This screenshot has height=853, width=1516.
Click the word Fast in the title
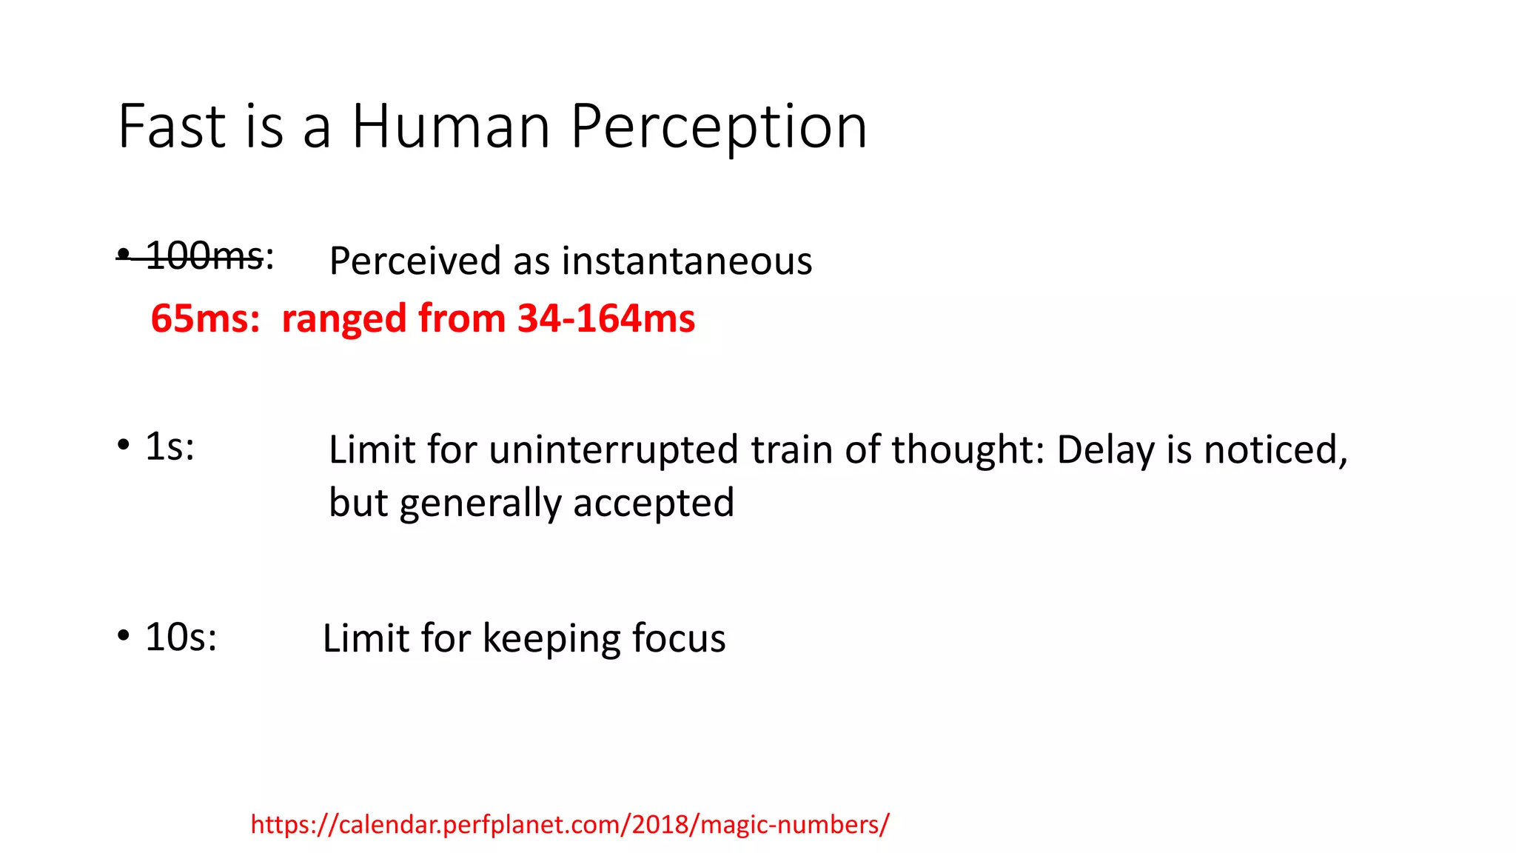[x=171, y=127]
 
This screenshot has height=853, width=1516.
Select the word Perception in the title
[x=718, y=127]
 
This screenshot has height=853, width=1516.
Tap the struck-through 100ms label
[x=204, y=256]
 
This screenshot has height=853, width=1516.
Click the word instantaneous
[x=686, y=261]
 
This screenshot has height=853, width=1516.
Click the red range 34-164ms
[x=606, y=318]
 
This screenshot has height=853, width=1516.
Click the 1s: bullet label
[x=170, y=446]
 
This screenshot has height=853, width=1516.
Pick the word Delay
[x=1105, y=450]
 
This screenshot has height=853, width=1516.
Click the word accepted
[x=654, y=504]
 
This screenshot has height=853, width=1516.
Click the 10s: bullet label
[x=181, y=638]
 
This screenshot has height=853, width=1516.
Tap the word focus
[x=679, y=638]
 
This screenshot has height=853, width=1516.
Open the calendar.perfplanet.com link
[x=569, y=824]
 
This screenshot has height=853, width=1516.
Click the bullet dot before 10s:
[x=124, y=636]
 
